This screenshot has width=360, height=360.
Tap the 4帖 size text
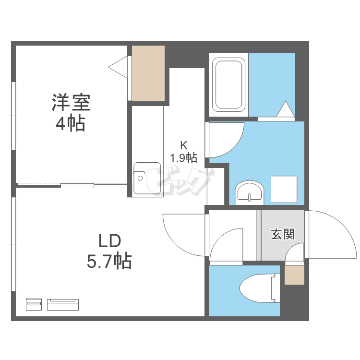[x=71, y=123]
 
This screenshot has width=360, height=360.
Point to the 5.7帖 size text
[x=109, y=261]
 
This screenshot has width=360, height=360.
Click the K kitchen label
[x=183, y=144]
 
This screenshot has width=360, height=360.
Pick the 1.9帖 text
[x=183, y=156]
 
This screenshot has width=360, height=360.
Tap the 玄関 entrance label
[x=283, y=234]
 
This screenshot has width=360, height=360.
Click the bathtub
[x=229, y=84]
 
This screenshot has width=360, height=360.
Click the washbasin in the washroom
[x=249, y=192]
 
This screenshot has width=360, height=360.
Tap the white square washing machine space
[x=284, y=189]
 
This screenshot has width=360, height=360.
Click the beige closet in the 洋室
[x=148, y=73]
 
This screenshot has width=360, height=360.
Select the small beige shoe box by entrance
[x=294, y=275]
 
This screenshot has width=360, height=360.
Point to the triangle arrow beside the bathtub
[x=285, y=109]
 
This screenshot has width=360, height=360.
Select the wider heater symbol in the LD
[x=63, y=304]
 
